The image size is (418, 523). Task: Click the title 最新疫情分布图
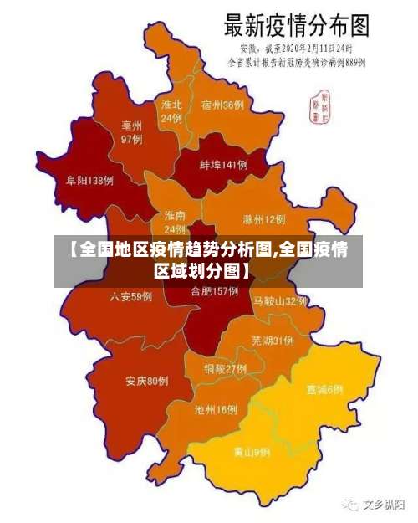pos(298,24)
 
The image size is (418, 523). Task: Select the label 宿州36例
pos(222,105)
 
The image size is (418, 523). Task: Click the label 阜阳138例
pos(89,180)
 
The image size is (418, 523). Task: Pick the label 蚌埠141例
pos(223,166)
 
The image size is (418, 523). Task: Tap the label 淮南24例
pos(175,223)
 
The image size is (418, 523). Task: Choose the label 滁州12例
pos(263,219)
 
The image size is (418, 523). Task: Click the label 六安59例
pos(131,296)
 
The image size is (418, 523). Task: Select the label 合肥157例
pos(214,292)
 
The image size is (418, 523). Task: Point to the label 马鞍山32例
pos(280,300)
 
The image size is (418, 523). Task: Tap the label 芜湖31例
pos(272,341)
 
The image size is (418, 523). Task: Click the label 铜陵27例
pos(225,368)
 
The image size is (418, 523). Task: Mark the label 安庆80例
pos(147,382)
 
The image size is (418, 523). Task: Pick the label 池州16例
pos(216,410)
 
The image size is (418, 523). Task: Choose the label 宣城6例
pos(324,389)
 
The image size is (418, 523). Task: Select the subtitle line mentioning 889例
pos(298,61)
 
